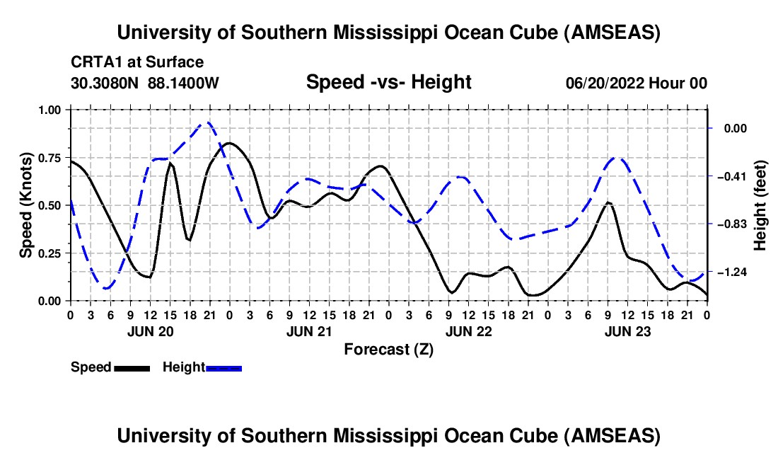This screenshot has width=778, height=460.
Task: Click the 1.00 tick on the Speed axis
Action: tap(53, 110)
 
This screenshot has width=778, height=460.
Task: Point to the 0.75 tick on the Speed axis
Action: tap(53, 158)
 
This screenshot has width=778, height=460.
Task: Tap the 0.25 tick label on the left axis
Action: tap(53, 253)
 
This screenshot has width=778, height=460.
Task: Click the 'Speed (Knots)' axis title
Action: tap(26, 205)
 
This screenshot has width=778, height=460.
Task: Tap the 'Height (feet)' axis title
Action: tap(760, 205)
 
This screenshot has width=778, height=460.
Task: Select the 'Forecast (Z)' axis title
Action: tap(388, 349)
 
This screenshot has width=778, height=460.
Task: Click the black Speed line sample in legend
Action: tap(132, 368)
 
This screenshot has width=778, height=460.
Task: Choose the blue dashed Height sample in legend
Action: tap(223, 368)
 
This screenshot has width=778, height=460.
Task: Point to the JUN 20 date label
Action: tap(149, 330)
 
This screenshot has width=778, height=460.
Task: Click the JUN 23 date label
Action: tap(627, 330)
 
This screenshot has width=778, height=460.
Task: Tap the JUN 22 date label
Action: tap(468, 330)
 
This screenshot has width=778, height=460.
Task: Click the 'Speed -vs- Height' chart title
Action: tap(388, 82)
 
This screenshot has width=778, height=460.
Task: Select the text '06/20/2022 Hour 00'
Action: tap(636, 84)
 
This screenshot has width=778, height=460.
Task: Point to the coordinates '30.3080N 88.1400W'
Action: tap(145, 84)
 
